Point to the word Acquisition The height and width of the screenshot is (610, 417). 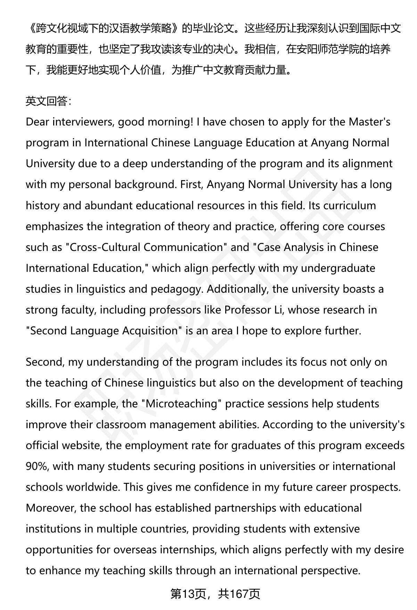(152, 331)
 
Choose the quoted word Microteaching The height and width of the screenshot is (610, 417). (181, 404)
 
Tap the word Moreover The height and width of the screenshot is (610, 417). (51, 508)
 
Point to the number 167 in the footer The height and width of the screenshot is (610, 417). (238, 594)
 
